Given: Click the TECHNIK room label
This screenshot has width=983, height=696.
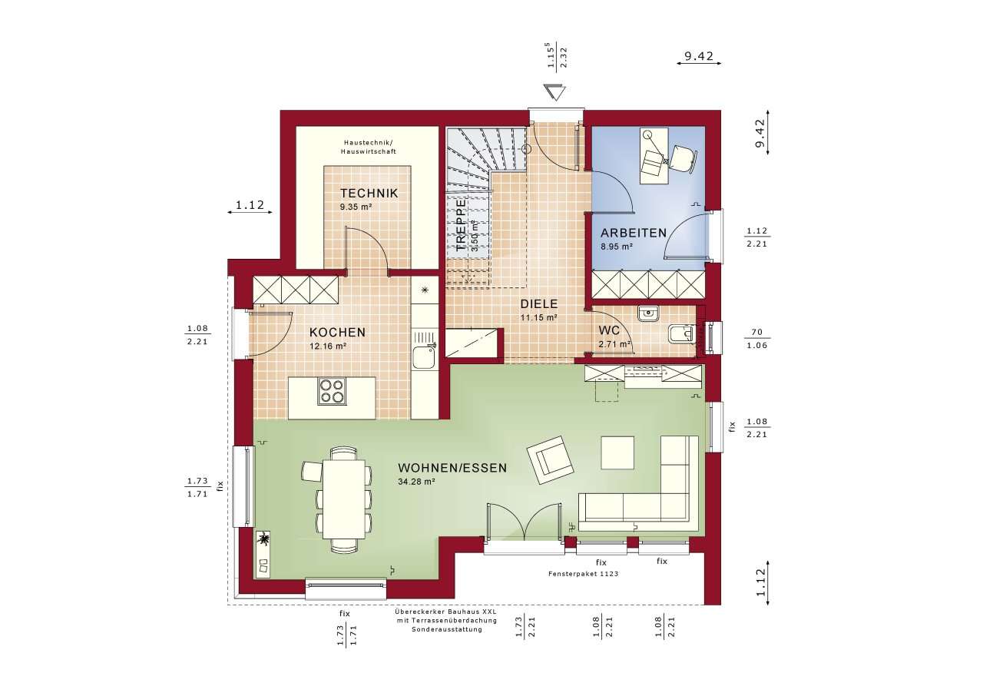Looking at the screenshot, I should (x=369, y=194).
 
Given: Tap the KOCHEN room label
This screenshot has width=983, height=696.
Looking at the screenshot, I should (x=337, y=333).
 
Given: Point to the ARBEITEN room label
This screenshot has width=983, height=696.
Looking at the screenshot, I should (x=634, y=233).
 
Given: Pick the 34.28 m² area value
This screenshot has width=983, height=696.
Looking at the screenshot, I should (x=416, y=482).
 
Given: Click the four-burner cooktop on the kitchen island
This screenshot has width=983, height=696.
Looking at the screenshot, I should (x=332, y=391).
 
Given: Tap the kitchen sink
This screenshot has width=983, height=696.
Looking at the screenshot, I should (x=423, y=358).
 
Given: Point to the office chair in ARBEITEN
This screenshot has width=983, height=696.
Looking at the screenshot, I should (x=683, y=156).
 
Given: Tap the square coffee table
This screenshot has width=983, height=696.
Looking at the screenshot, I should (x=617, y=452).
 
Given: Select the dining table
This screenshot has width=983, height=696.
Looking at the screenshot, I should (x=343, y=499).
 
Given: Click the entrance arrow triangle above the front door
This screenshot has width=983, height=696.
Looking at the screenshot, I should (x=552, y=93).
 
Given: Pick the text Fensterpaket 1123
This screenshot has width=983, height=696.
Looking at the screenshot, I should (x=584, y=574).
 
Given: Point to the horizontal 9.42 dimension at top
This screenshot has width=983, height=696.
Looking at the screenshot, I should (x=699, y=56).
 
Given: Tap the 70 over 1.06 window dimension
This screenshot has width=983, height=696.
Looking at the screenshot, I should (x=756, y=338).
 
